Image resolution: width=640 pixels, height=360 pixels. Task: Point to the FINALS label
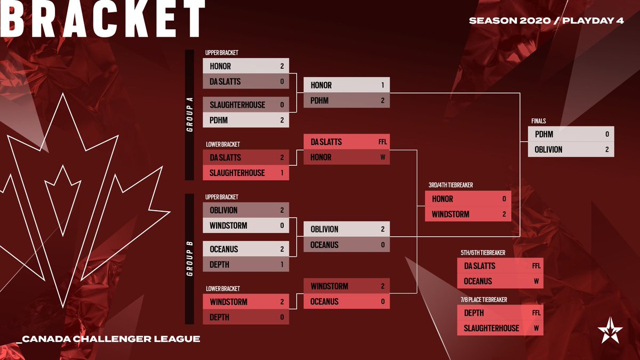(539, 121)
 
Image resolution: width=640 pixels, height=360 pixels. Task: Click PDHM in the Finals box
(544, 134)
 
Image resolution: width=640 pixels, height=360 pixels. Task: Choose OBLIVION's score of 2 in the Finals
(607, 150)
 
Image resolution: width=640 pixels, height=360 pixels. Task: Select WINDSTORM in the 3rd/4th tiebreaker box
(451, 214)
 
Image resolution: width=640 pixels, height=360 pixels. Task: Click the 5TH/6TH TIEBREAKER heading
(483, 252)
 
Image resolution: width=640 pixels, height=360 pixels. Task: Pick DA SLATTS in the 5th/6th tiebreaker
(479, 266)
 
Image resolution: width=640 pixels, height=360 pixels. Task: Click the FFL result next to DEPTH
(536, 313)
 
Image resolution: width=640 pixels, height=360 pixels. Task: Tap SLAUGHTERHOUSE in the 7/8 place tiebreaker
(491, 328)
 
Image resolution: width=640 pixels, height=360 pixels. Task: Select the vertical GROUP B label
(190, 259)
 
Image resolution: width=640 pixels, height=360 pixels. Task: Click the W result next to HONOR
(382, 157)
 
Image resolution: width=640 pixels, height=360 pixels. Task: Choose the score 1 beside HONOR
(382, 85)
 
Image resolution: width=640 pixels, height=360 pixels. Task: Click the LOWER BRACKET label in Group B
(222, 289)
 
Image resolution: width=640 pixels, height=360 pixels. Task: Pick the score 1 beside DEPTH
(282, 264)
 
